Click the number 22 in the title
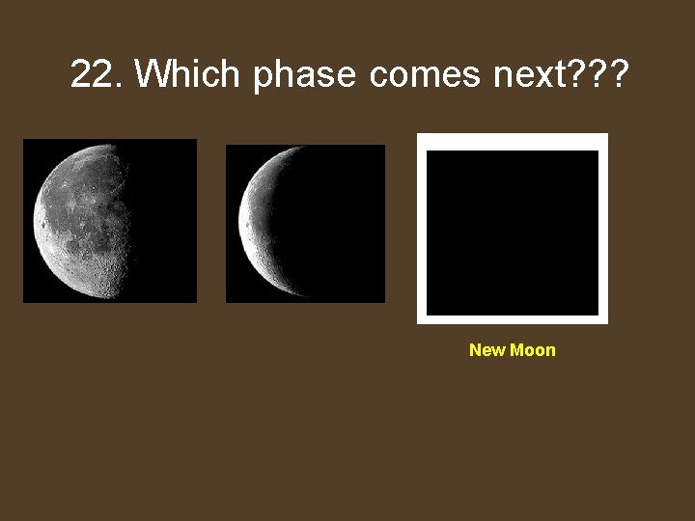[94, 73]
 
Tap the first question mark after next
[576, 72]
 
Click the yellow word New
[486, 350]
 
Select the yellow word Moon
[533, 350]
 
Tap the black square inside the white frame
[513, 233]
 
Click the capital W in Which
[151, 73]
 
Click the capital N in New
[475, 350]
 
